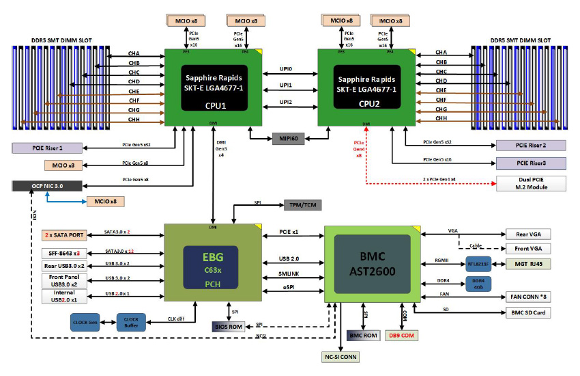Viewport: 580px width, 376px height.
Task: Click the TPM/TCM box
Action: click(301, 204)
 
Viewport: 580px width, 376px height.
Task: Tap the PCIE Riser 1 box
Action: click(47, 148)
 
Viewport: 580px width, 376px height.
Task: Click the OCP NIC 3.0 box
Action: click(47, 185)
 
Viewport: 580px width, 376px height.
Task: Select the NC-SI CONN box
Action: click(339, 357)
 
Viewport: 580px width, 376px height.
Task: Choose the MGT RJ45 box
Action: click(527, 263)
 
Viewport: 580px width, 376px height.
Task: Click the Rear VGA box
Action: click(527, 234)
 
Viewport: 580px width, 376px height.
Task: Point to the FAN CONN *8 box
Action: click(527, 297)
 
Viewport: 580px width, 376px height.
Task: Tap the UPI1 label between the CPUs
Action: click(285, 85)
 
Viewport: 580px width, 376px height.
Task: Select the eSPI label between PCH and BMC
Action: click(288, 286)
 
